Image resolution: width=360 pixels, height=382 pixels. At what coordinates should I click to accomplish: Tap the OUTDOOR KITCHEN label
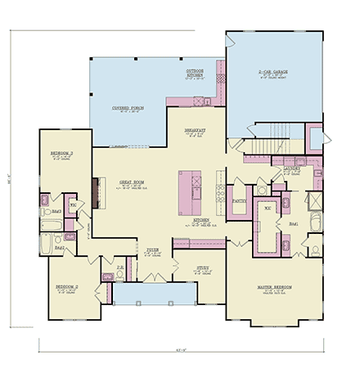point(195,74)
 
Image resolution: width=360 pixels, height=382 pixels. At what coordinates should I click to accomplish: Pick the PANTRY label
point(240,200)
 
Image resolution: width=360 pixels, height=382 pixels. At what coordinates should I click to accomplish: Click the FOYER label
point(153,249)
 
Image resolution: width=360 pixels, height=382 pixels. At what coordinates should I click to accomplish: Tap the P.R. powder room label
point(119,267)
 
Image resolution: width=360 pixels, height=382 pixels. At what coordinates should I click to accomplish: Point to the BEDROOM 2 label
point(67,288)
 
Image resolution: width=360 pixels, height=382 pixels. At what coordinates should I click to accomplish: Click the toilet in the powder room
point(107,278)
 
